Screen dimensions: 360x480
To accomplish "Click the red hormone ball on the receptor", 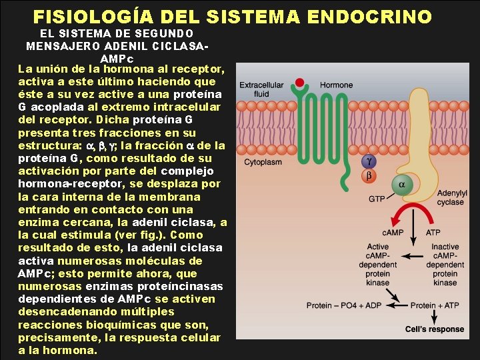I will click(x=301, y=84).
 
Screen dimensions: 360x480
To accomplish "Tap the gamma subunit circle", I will click(x=368, y=161).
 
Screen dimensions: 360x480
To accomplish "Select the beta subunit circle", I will click(x=368, y=176).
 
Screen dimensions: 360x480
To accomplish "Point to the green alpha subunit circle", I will click(x=401, y=185).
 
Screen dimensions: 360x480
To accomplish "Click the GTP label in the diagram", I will click(x=377, y=198).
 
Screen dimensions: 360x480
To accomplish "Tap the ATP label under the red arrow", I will click(x=434, y=233).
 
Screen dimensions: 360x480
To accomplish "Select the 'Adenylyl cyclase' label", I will click(x=451, y=197).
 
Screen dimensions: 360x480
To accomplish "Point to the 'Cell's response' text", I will click(x=435, y=329).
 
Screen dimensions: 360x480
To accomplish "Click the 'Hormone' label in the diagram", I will click(x=337, y=85).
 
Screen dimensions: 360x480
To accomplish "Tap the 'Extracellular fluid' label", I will click(x=261, y=89).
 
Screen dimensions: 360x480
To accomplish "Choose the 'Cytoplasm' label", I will click(x=263, y=162).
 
